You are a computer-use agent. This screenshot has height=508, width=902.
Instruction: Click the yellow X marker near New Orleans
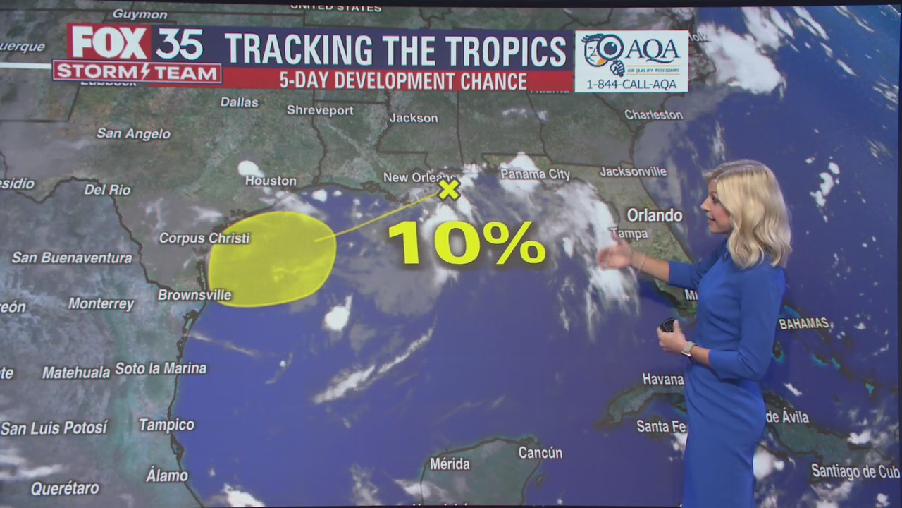[x=449, y=189]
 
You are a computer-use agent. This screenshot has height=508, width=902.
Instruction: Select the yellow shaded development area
[x=271, y=259]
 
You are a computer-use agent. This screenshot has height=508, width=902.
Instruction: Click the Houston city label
[x=271, y=181]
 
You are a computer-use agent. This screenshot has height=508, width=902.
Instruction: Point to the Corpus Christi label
[x=204, y=238]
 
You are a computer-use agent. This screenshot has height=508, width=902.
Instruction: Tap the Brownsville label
[x=194, y=295]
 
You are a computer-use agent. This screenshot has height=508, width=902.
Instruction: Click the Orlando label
[x=655, y=215]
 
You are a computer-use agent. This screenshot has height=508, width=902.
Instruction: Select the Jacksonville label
[x=633, y=171]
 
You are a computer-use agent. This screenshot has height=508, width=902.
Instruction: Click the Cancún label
[x=540, y=453]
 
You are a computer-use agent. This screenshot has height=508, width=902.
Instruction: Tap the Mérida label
[x=450, y=464]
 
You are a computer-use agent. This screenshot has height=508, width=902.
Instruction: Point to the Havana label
[x=662, y=379]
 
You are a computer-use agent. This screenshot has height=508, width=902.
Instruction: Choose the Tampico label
[x=166, y=425]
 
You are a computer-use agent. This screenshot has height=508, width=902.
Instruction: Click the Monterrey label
[x=101, y=304]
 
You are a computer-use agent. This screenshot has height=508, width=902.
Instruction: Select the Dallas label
[x=240, y=102]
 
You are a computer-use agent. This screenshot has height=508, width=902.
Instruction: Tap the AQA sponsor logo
[x=631, y=61]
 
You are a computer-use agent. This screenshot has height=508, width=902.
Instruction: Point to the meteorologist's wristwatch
[x=688, y=349]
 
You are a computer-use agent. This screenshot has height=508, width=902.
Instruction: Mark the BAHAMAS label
[x=803, y=323]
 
